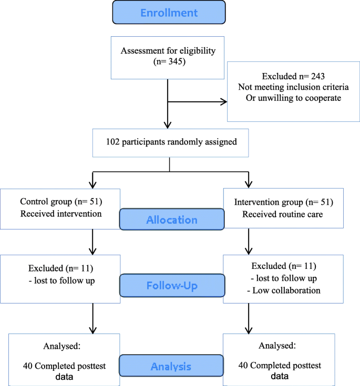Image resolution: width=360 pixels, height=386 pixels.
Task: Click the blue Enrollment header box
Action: click(169, 12)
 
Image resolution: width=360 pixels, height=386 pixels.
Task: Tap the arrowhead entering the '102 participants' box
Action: click(167, 124)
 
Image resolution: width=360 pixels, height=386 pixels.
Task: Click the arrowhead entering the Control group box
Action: click(92, 183)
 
